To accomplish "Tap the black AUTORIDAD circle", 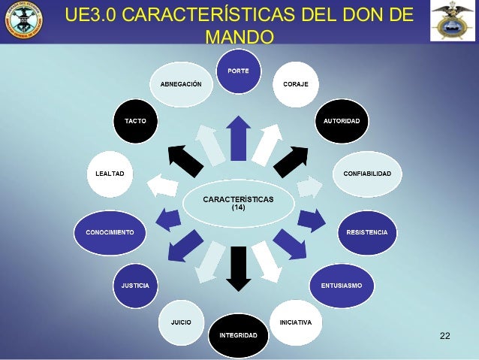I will [341, 121].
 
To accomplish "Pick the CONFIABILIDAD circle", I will [366, 174].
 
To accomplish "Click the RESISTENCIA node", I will [366, 231].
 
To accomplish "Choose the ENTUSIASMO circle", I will [342, 286].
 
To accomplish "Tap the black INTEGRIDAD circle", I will [238, 334].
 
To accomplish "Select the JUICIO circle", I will [181, 322].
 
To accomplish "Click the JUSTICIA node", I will [135, 286].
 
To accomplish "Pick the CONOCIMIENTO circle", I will [110, 231].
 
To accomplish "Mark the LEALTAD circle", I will [110, 174].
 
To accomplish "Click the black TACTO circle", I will [135, 121].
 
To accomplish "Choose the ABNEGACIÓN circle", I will [181, 83].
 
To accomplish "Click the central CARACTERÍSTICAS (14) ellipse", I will [239, 203].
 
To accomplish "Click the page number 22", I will [444, 334].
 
